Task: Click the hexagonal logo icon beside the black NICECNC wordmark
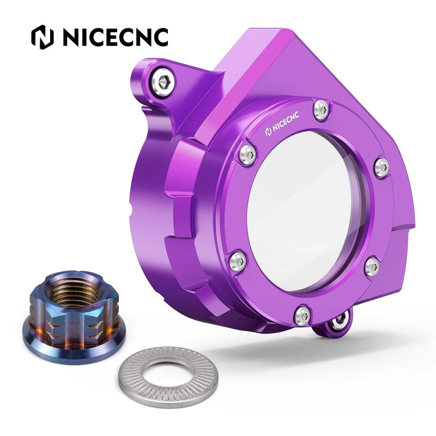point(42,37)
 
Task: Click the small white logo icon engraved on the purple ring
point(269,132)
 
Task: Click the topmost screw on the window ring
point(322,110)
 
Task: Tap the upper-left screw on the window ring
point(247,155)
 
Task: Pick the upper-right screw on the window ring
point(382,167)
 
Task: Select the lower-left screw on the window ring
point(238,261)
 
